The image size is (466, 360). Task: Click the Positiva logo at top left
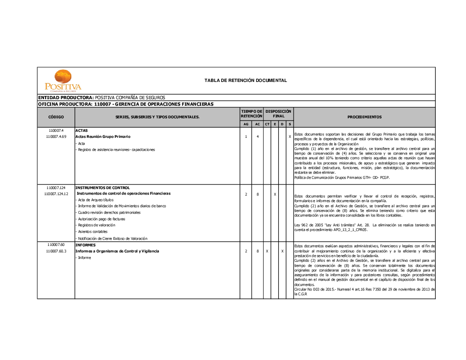point(63,81)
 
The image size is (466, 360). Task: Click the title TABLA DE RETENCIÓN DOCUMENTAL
point(246,81)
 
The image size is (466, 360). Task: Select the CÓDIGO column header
point(56,117)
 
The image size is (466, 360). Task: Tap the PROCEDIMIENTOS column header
point(364,117)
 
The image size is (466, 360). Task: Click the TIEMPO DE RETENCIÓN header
point(252,114)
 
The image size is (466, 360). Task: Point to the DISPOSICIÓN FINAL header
point(278,114)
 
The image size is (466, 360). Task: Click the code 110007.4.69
point(56,137)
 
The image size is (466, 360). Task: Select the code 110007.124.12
point(56,194)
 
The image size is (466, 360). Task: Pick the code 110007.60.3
point(56,251)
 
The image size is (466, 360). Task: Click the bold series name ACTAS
point(82,131)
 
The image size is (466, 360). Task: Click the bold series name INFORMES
point(85,245)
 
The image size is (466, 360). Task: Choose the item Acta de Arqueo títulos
point(96,200)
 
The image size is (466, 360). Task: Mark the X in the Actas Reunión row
point(290,137)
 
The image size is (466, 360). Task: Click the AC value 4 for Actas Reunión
point(258,137)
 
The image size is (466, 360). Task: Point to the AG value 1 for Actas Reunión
point(246,137)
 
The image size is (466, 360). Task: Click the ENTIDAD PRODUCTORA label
point(66,97)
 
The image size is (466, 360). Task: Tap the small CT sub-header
point(267,124)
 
